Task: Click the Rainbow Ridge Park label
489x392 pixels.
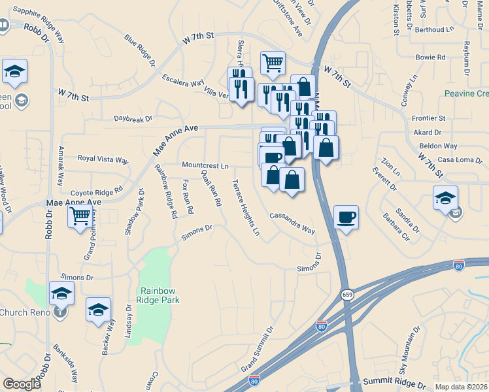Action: coord(160,295)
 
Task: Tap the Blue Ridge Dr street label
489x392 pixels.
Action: coord(139,52)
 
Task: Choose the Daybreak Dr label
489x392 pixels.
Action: coord(133,119)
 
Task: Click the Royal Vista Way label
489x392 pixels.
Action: coord(103,159)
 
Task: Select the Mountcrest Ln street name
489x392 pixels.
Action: coord(205,166)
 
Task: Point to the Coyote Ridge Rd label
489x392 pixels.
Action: coord(97,191)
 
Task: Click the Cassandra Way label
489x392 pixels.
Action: coord(292,223)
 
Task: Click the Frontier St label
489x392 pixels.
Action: coord(429,118)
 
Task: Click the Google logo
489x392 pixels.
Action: coord(22,384)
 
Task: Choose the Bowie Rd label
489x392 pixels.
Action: coord(430,57)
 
